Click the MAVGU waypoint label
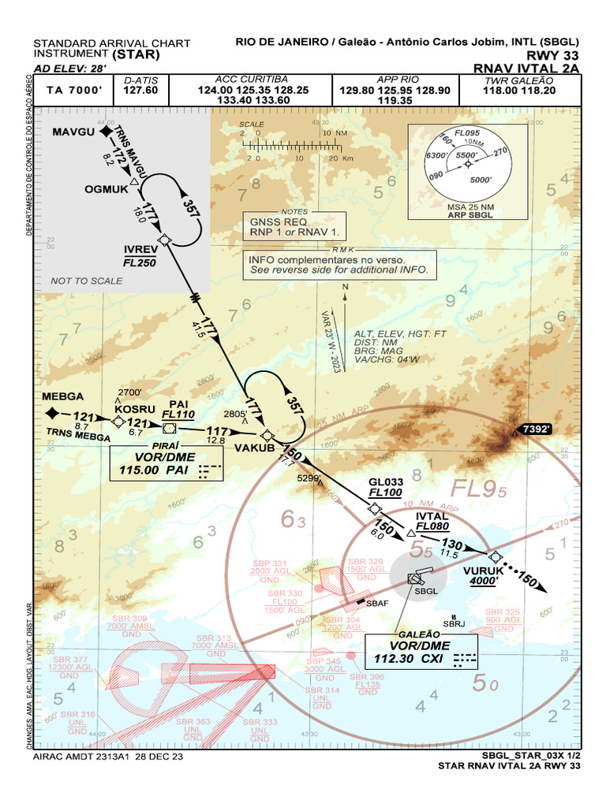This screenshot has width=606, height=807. click(73, 132)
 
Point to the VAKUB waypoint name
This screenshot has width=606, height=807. click(254, 448)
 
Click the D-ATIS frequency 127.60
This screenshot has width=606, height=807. click(140, 90)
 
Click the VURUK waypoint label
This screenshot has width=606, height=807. click(484, 571)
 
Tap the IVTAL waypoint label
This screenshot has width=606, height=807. click(431, 517)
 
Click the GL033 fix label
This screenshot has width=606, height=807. click(385, 482)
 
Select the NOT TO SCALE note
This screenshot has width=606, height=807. click(86, 281)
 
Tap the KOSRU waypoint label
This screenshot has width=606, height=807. click(132, 409)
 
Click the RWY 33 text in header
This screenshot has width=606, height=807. click(556, 55)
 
